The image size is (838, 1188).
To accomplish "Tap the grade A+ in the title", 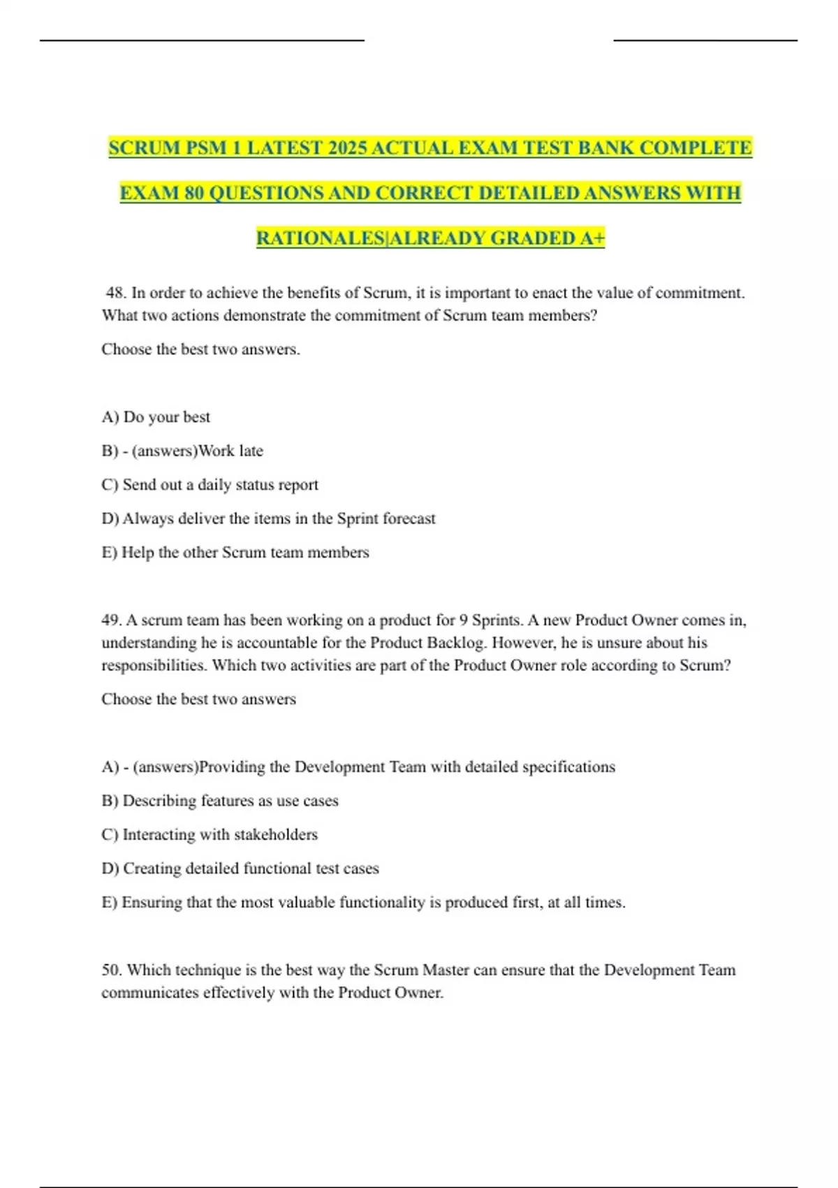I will click(592, 238).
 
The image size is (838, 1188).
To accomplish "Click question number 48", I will click(115, 293).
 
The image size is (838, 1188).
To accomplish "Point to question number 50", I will click(112, 970).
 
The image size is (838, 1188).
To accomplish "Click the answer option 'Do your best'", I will click(166, 417).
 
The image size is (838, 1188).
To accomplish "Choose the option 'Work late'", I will click(230, 451).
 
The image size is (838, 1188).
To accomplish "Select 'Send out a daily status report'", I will click(220, 485).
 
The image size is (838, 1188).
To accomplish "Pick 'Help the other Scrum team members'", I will click(244, 553).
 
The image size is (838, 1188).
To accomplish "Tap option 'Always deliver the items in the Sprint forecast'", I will click(279, 519).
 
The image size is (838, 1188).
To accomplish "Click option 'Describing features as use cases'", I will click(230, 801).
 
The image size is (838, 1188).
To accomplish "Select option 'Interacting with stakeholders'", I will click(220, 834).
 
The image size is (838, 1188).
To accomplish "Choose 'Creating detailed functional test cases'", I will click(251, 869).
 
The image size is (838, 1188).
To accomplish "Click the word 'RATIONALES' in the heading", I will click(321, 238).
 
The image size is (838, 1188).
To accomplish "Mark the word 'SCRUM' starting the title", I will click(144, 148).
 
